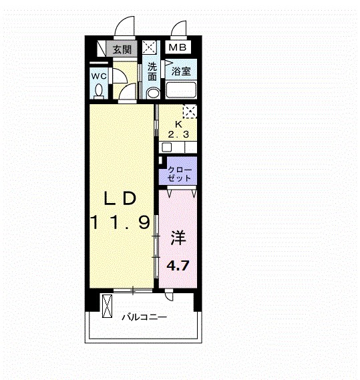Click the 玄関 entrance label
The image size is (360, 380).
[122, 49]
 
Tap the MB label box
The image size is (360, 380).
[177, 47]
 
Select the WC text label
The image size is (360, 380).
[99, 75]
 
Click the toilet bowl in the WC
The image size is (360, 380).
[100, 89]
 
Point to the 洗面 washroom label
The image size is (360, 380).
[152, 70]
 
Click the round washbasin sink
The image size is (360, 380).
[152, 93]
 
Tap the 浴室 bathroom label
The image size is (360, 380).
[181, 70]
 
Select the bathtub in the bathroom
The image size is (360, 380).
[181, 91]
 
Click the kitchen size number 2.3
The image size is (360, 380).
[178, 134]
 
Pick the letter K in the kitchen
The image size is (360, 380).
[178, 124]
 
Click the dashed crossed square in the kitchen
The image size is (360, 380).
[190, 112]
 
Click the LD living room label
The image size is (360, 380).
[120, 198]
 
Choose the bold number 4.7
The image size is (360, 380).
[178, 265]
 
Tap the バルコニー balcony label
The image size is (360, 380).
[144, 318]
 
